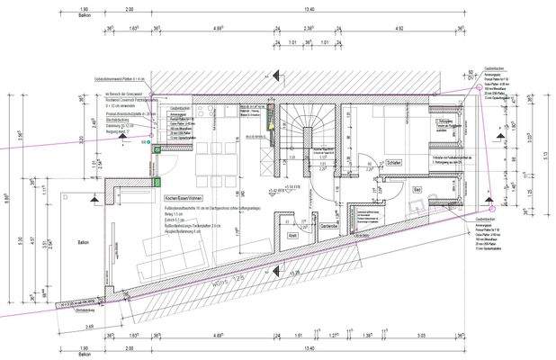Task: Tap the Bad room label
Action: (x=417, y=191)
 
